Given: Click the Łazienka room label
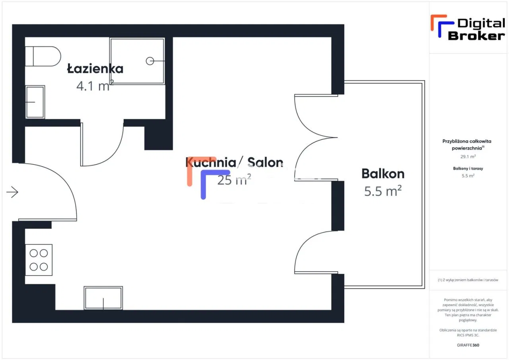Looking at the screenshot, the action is (x=95, y=69).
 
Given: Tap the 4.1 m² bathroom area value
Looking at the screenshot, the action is (x=95, y=86).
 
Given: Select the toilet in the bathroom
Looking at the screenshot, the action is (x=43, y=56).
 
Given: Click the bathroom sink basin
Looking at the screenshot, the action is (x=35, y=102).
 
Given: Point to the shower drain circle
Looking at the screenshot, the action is (x=150, y=61).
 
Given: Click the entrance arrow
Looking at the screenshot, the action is (x=12, y=192).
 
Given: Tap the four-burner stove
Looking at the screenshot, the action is (x=39, y=260).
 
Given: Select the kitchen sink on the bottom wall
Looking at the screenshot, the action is (x=103, y=298).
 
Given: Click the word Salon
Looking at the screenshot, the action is (x=265, y=162).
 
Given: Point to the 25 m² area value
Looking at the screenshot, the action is (x=234, y=180).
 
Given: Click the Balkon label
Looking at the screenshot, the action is (x=383, y=174).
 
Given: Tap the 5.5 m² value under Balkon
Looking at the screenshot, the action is (x=383, y=191).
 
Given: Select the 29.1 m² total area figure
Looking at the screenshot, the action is (x=468, y=157).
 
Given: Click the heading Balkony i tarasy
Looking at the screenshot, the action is (x=468, y=168).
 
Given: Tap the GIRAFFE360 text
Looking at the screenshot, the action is (x=468, y=345).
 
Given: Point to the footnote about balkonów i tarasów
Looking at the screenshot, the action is (x=468, y=280).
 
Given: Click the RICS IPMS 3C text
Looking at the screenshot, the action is (x=468, y=335).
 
